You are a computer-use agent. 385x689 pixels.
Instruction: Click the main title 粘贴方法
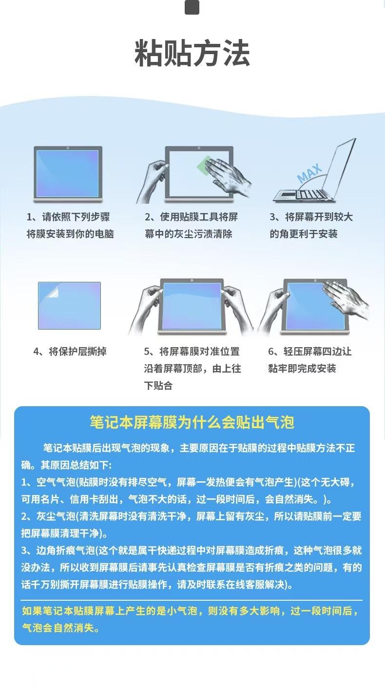point(192,53)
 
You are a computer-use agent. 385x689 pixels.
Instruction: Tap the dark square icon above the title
point(192,7)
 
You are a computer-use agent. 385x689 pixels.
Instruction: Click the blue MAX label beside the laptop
point(309,173)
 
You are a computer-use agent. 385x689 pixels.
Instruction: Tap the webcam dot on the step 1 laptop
point(68,148)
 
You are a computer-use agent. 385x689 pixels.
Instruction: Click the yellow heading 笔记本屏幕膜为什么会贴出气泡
point(192,422)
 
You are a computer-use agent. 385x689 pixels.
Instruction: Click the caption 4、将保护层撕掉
point(70,351)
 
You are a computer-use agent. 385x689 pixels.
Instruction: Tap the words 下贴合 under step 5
point(158,385)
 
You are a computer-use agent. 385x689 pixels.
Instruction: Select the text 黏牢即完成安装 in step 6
point(302,368)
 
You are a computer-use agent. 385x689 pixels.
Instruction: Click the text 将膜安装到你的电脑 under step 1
point(70,234)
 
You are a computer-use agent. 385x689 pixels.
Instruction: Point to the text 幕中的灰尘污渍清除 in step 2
point(189,234)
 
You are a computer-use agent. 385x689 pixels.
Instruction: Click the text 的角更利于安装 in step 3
point(304,234)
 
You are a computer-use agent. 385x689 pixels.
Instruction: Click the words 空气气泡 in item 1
point(56,482)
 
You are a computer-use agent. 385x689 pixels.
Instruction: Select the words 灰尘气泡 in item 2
point(56,516)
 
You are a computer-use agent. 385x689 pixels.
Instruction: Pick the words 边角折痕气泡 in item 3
point(66,551)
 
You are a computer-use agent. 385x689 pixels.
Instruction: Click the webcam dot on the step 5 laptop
point(192,280)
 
